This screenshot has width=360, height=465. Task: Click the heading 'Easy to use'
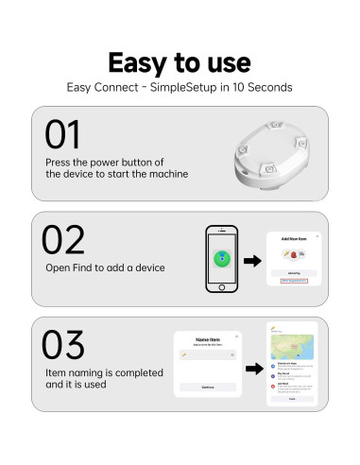(179, 62)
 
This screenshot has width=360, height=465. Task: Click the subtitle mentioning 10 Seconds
(179, 87)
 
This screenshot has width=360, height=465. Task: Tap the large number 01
(62, 135)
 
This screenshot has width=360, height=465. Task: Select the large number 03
(63, 346)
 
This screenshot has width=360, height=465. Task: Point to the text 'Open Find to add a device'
(105, 267)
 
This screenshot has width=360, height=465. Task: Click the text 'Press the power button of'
(104, 162)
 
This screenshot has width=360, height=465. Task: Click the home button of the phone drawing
(222, 286)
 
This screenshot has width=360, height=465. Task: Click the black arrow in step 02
(253, 260)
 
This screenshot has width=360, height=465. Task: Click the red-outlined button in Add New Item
(295, 281)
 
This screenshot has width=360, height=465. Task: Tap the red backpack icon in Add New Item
(294, 255)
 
